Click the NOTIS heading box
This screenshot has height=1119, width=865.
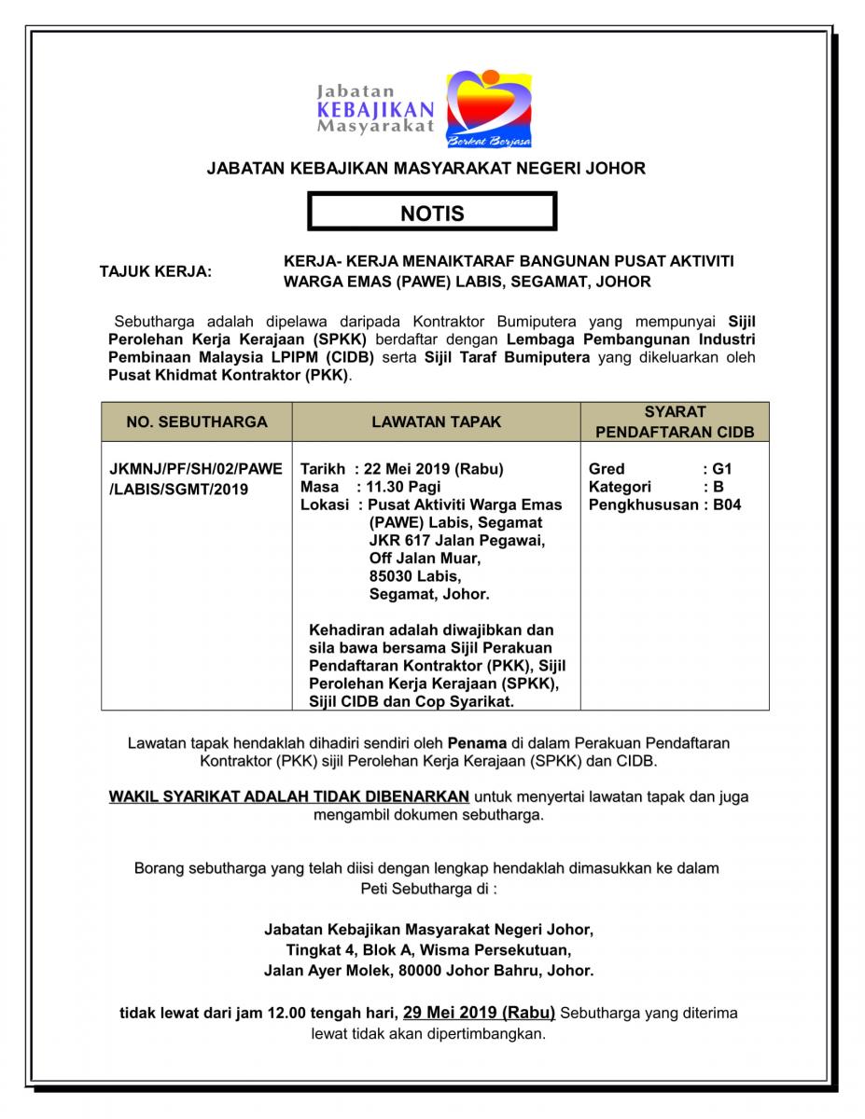(432, 213)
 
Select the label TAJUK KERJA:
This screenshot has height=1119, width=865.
(156, 272)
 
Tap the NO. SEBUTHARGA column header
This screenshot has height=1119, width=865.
(197, 421)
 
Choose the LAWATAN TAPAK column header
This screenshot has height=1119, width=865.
(436, 421)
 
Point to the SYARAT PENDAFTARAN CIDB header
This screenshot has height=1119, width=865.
(675, 421)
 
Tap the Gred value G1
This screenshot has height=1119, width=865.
(722, 469)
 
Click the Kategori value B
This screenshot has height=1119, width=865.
(719, 487)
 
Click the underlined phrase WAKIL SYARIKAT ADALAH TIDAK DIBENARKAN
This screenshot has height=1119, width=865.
(289, 796)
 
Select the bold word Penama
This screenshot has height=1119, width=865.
(477, 743)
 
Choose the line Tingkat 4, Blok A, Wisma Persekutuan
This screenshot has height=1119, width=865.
(428, 950)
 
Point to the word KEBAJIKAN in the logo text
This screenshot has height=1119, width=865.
(375, 110)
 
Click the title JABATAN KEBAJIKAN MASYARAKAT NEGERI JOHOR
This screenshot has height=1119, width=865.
(426, 169)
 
